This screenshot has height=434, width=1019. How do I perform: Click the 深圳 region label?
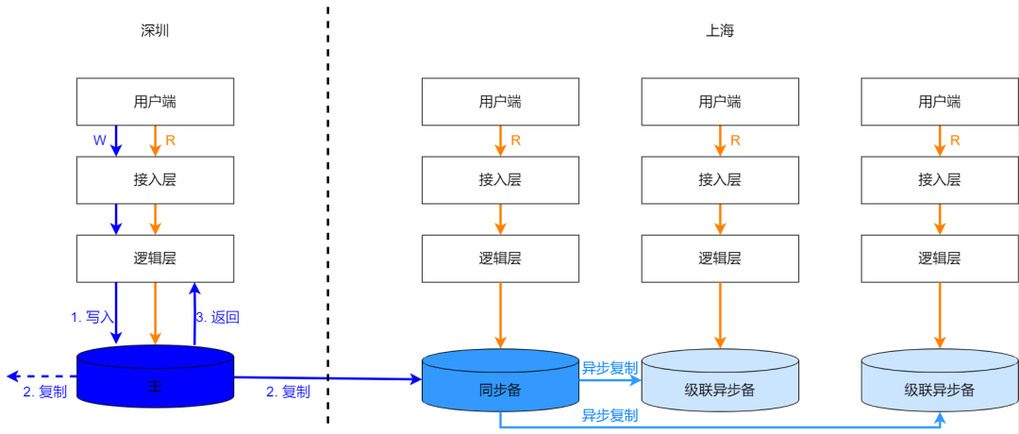tap(155, 30)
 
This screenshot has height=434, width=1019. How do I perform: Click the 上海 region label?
tap(720, 30)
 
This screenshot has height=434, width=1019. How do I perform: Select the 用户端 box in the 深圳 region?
tap(155, 102)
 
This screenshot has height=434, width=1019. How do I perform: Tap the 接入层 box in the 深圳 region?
tap(155, 179)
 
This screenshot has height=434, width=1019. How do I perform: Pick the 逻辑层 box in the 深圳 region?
tap(155, 259)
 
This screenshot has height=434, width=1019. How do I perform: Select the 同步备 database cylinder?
tap(500, 390)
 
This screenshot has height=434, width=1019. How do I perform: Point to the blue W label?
tap(99, 141)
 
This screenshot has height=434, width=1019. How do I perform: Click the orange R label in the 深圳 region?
tap(171, 141)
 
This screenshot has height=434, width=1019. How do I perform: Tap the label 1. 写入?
tap(92, 318)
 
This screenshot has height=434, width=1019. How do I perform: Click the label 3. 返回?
tap(217, 318)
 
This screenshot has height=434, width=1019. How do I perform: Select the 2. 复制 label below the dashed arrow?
tap(44, 392)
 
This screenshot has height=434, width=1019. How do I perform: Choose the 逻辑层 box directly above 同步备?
tap(500, 259)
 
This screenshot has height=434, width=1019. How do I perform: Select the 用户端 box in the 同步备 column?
tap(500, 102)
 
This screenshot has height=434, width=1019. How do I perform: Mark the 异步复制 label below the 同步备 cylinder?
tap(610, 415)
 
